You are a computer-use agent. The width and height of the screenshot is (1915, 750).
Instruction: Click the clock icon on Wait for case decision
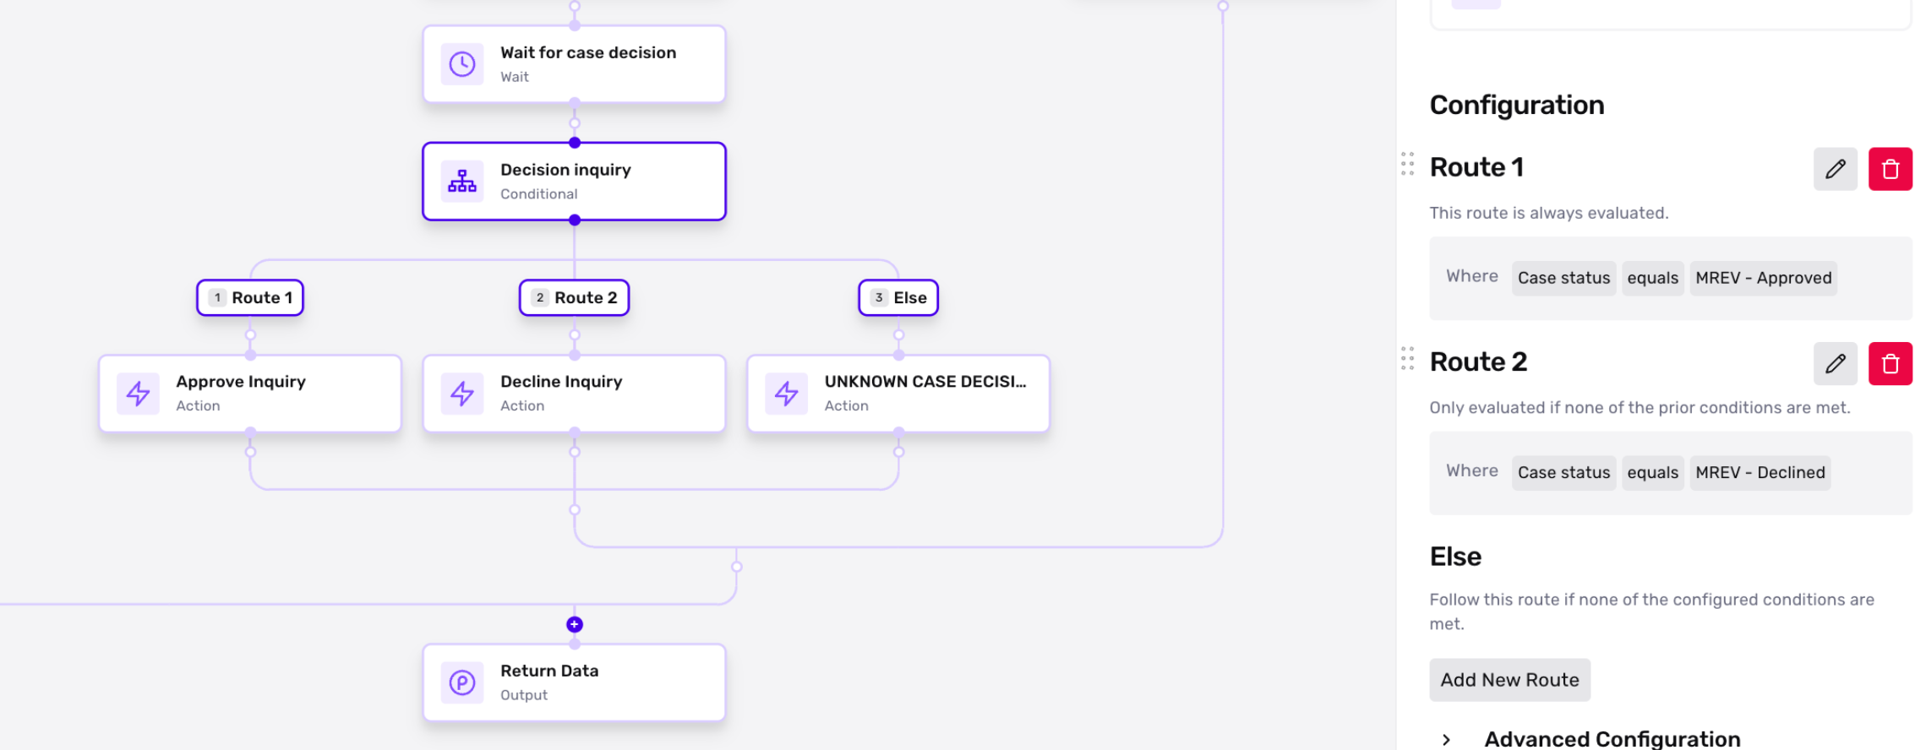coord(462,64)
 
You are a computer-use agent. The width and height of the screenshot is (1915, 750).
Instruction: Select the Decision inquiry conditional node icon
coord(462,182)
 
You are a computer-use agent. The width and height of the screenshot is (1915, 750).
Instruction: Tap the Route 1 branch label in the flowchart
coord(250,297)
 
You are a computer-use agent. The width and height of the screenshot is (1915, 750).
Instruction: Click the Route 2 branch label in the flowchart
coord(575,297)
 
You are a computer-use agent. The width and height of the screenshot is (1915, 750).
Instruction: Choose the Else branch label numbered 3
coord(898,297)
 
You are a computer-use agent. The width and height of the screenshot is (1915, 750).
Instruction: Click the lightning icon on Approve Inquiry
coord(138,394)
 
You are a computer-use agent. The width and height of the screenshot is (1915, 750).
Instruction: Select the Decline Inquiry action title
coord(561,382)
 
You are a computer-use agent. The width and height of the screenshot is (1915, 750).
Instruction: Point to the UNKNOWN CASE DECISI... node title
coord(925,382)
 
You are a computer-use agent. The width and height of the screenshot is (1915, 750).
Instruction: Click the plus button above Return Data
coord(575,624)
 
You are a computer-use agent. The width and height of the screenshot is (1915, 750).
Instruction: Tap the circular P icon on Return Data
coord(462,682)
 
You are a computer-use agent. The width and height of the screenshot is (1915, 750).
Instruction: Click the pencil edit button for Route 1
coord(1836,169)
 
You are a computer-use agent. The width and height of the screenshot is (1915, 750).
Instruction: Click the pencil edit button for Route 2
coord(1836,364)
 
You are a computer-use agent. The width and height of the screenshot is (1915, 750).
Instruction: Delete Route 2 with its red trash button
coord(1890,364)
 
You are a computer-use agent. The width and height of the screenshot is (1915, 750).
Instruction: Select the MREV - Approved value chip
coord(1764,278)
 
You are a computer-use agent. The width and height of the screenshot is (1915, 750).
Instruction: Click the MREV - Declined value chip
coord(1760,473)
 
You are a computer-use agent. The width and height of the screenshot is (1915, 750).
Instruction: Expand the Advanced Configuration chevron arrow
coord(1446,740)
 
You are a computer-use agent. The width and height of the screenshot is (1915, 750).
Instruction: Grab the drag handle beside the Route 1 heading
coord(1407,164)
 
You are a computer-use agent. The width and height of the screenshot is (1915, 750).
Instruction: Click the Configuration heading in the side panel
coord(1517,105)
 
